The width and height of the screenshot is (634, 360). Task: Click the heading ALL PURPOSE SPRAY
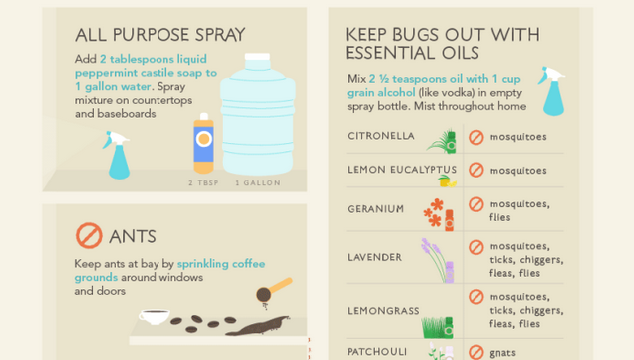[x=159, y=35]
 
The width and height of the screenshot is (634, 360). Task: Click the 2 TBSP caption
[x=204, y=183]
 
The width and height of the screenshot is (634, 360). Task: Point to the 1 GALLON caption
[x=258, y=183]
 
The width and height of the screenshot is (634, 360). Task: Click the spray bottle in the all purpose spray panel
[x=118, y=155]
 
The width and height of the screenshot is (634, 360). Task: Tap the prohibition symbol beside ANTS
[x=89, y=236]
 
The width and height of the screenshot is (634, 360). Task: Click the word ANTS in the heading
[x=133, y=237]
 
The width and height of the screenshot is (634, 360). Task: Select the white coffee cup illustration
[x=154, y=317]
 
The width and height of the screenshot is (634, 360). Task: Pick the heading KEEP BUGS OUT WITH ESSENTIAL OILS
[x=442, y=44]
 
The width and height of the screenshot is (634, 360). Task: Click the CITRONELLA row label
[x=381, y=136]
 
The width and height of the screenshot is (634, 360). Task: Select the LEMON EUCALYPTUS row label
[x=402, y=170]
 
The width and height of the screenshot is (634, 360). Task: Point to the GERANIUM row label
[x=376, y=209]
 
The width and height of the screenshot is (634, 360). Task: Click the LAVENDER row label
[x=375, y=257]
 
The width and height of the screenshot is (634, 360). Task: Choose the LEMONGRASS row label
[x=383, y=311]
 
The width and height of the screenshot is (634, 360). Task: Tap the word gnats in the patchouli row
[x=502, y=352]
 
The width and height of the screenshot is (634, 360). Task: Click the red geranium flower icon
[x=438, y=212]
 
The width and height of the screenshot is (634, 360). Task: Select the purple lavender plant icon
[x=437, y=259]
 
